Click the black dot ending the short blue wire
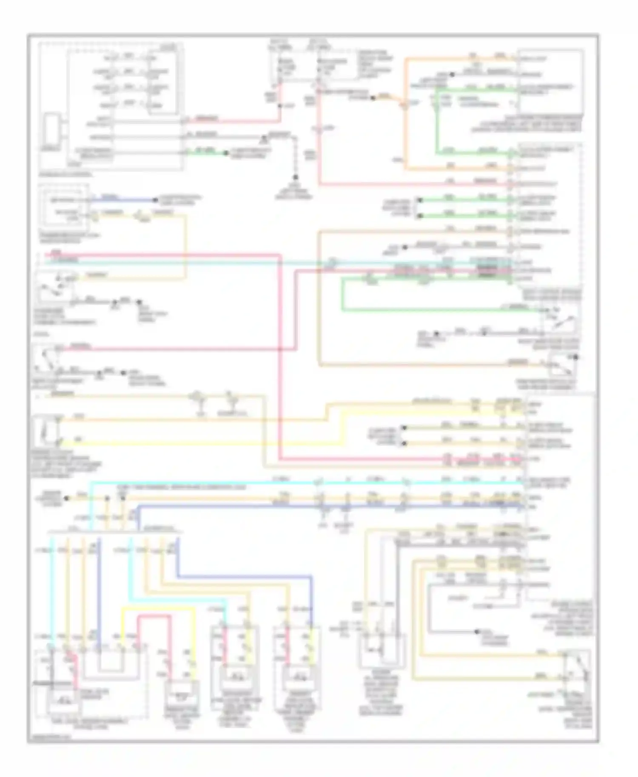pyautogui.click(x=156, y=200)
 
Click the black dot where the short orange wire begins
pyautogui.click(x=373, y=98)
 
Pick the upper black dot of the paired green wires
pyautogui.click(x=419, y=200)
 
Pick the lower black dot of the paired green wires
pyautogui.click(x=419, y=216)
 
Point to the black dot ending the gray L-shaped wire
pyautogui.click(x=478, y=632)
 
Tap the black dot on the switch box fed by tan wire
pyautogui.click(x=575, y=357)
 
